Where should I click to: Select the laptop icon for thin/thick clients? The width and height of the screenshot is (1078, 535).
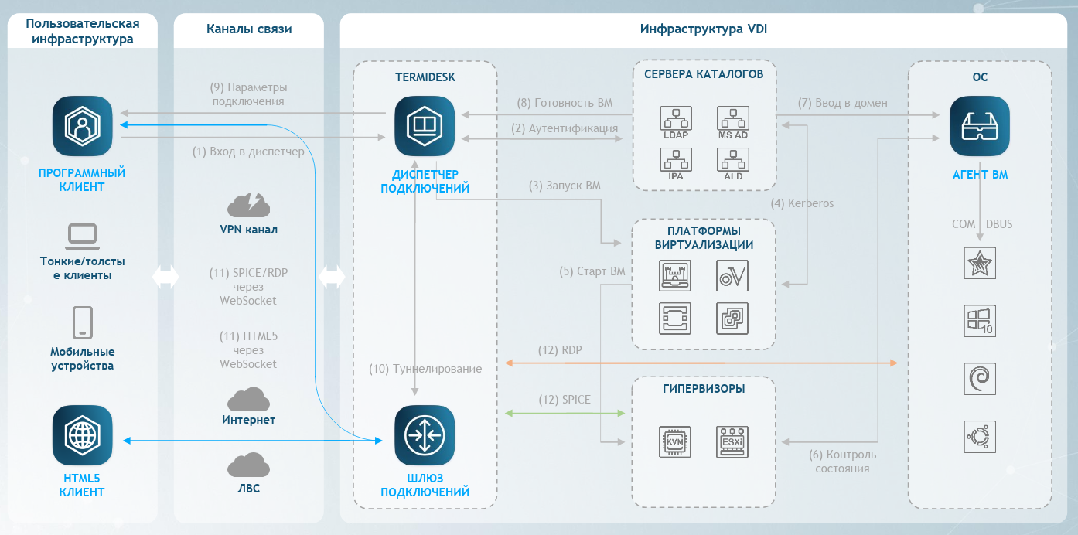click(x=83, y=233)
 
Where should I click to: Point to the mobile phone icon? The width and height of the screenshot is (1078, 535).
click(x=83, y=322)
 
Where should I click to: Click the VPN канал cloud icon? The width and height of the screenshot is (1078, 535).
click(x=248, y=205)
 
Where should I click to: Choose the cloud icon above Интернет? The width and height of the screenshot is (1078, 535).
click(x=248, y=400)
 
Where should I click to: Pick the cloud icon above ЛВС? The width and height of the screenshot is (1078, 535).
click(x=248, y=465)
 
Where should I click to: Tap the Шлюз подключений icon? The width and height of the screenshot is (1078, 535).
click(x=425, y=434)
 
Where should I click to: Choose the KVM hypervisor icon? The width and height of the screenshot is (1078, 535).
click(x=675, y=441)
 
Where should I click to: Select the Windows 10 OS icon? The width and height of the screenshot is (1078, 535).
click(x=980, y=320)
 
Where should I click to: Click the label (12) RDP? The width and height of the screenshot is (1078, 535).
click(x=560, y=350)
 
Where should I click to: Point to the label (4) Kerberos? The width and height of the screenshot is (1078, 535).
click(x=803, y=203)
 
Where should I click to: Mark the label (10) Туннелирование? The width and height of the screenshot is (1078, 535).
click(x=425, y=369)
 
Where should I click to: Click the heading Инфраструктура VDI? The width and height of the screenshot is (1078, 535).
click(x=704, y=29)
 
